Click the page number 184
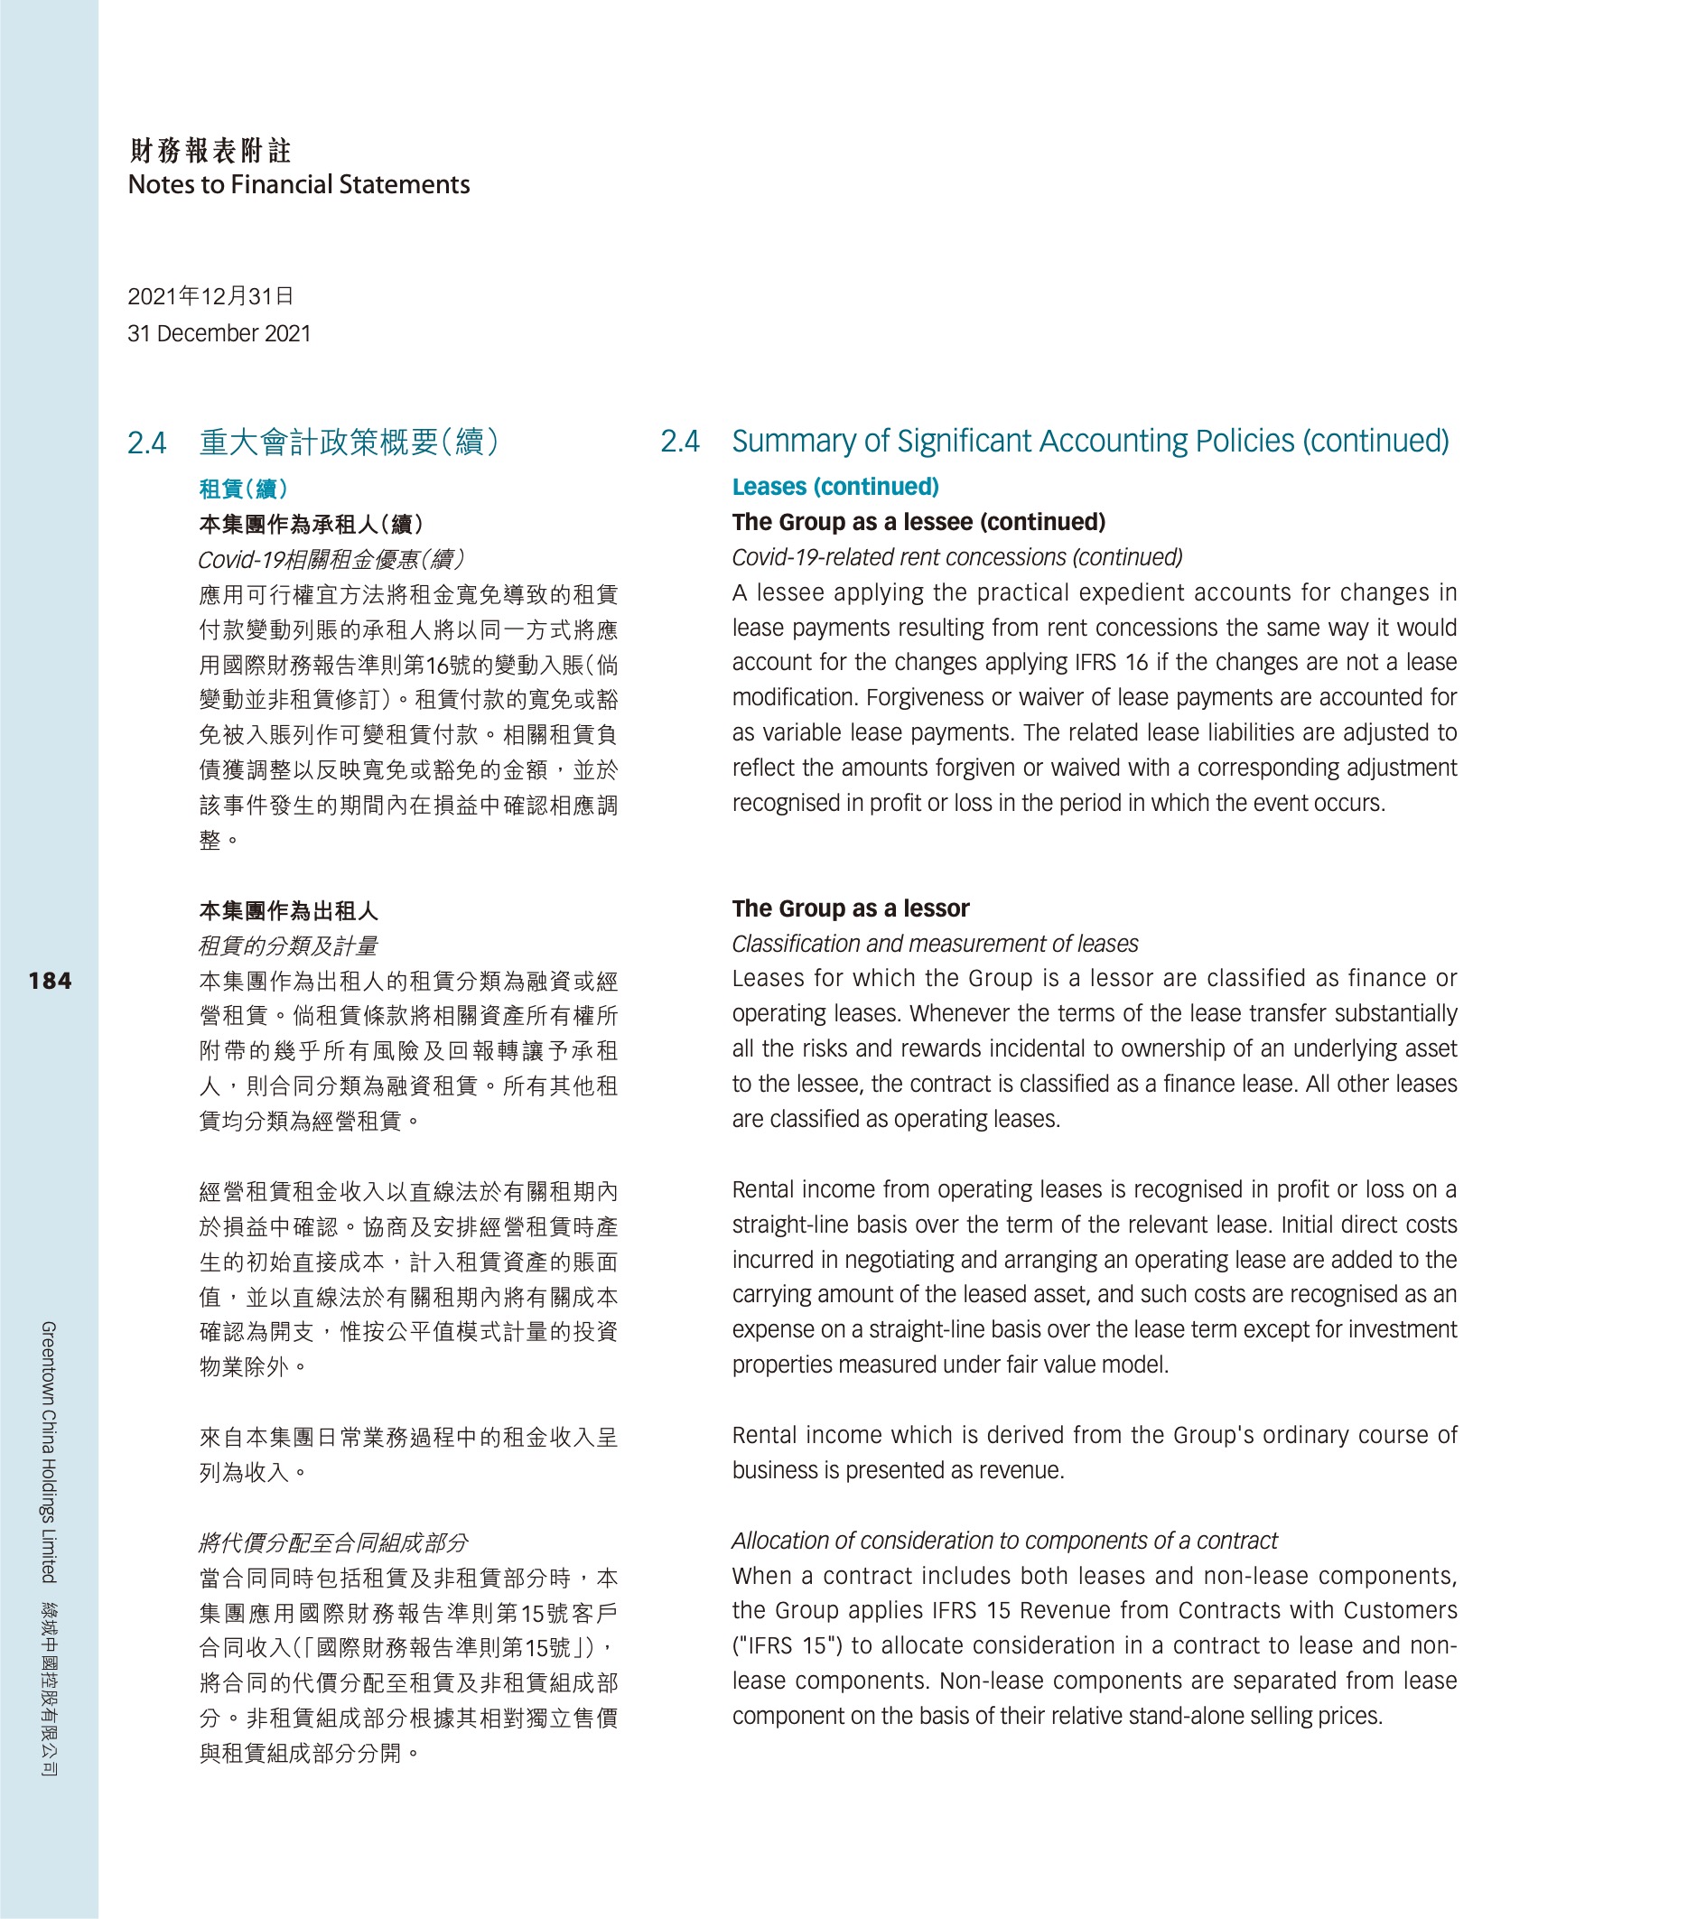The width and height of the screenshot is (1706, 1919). (50, 981)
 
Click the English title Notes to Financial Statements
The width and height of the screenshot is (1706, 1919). (299, 184)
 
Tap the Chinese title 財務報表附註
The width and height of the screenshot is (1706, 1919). (210, 150)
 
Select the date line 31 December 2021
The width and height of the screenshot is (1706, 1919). (219, 333)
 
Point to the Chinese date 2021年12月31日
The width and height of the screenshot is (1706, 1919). (210, 297)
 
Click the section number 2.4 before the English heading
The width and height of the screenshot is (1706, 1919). (680, 442)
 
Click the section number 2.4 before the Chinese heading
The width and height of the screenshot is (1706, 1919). (147, 443)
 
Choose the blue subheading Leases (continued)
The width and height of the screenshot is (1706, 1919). (834, 487)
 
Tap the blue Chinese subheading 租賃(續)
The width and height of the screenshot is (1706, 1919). (243, 489)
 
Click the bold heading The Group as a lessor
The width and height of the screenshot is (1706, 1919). (850, 908)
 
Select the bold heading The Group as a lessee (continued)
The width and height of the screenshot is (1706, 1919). (918, 522)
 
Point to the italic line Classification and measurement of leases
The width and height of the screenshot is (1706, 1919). (934, 944)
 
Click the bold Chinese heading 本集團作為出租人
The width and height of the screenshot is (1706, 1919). (288, 910)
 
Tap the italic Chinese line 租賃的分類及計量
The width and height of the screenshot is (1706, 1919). (287, 946)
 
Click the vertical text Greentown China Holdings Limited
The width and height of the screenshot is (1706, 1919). (49, 1450)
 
